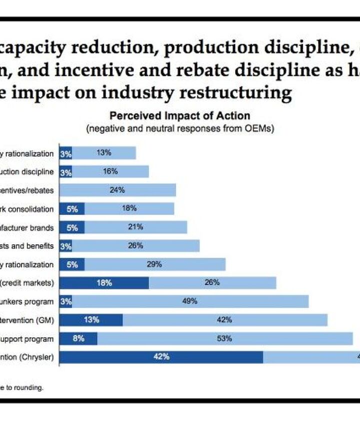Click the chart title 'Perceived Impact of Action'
tap(180, 116)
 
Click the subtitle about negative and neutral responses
tap(180, 128)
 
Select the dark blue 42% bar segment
tap(161, 357)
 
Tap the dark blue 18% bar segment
tap(104, 283)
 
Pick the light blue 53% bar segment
tap(224, 339)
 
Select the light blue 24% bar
tap(117, 190)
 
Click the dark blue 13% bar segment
tap(91, 320)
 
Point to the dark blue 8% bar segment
tap(78, 339)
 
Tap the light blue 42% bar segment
tap(224, 320)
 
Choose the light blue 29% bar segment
tap(154, 264)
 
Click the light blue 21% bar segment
tap(135, 227)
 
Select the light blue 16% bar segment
tap(110, 171)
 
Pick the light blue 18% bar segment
tap(129, 208)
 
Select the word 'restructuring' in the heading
tap(239, 93)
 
